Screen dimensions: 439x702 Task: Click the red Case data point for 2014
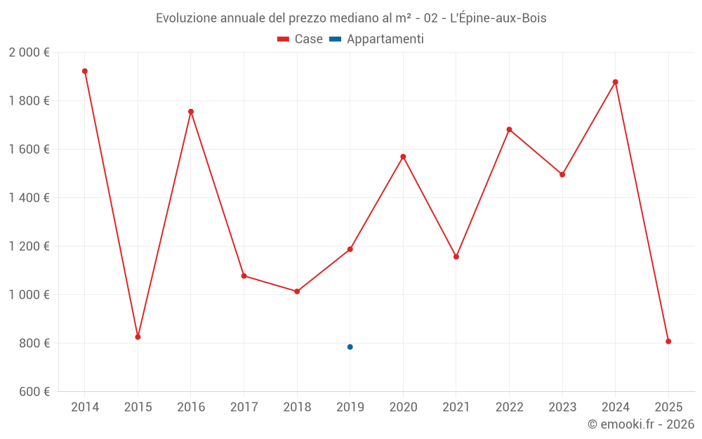pos(85,71)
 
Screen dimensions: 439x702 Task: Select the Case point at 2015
pos(138,337)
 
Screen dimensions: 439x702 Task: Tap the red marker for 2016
pos(191,112)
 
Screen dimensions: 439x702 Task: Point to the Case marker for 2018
pos(297,291)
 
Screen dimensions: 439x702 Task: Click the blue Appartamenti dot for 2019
pos(350,347)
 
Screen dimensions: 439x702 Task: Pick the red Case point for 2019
pos(350,249)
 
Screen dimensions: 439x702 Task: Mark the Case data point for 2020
pos(403,157)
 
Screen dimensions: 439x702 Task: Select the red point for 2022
pos(509,129)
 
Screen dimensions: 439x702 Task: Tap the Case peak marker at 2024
pos(616,82)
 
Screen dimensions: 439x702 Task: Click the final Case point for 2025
pos(668,341)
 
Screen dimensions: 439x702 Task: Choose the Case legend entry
pos(300,39)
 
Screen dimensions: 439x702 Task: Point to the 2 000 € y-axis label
pos(29,53)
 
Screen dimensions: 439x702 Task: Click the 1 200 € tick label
pos(29,247)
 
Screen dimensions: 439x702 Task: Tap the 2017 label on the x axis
pos(244,407)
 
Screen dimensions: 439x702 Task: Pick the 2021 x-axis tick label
pos(456,407)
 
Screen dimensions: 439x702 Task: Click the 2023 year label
pos(562,407)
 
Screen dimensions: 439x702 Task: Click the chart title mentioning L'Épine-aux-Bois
pos(351,18)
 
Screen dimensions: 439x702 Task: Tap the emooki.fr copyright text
pos(640,424)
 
